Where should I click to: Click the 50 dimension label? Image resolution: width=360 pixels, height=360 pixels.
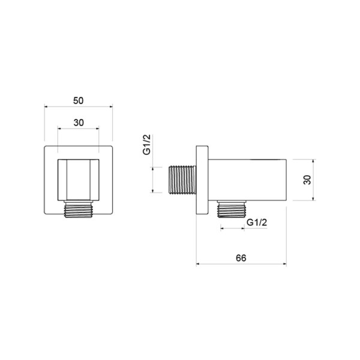tap(78, 101)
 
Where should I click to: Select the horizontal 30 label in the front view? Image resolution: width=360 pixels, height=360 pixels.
tap(79, 123)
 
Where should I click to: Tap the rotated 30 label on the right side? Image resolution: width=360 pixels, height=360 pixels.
tap(307, 180)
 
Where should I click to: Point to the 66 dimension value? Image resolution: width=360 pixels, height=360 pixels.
tap(241, 258)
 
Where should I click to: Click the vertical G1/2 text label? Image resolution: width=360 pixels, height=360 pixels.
tap(147, 145)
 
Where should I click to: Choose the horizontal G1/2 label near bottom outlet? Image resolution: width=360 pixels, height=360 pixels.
tap(257, 223)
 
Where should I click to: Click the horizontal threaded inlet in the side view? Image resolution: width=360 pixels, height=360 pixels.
tap(182, 180)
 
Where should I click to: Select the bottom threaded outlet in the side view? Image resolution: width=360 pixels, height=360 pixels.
tap(232, 209)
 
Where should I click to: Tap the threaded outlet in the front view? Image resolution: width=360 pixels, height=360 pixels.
tap(78, 210)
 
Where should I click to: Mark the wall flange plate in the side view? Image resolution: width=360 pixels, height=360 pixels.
tap(202, 180)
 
